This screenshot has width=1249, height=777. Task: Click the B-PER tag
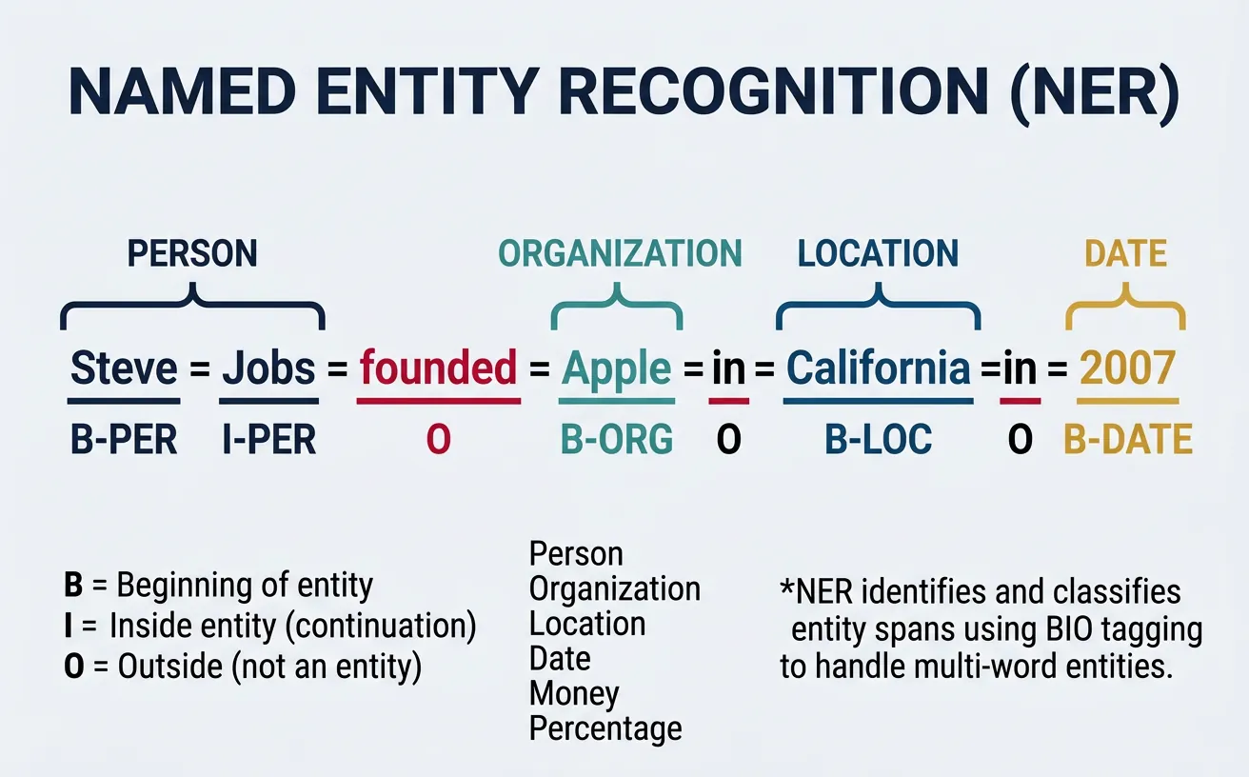pos(125,440)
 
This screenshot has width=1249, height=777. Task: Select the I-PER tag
pos(268,440)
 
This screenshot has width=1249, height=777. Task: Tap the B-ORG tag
pos(617,440)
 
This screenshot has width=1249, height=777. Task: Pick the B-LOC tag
pos(879,440)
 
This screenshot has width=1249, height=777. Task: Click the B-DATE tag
pos(1128,440)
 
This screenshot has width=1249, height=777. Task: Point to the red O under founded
pos(438,440)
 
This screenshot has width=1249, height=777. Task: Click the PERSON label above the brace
pos(192,254)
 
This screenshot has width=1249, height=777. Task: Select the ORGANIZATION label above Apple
pos(620,254)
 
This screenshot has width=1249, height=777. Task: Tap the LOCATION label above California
pos(878,254)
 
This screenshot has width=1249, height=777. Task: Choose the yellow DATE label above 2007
pos(1126,254)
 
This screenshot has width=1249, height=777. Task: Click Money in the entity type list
pos(573,694)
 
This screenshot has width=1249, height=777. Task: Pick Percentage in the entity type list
pos(605,729)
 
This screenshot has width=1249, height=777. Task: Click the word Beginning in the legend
pos(184,586)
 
